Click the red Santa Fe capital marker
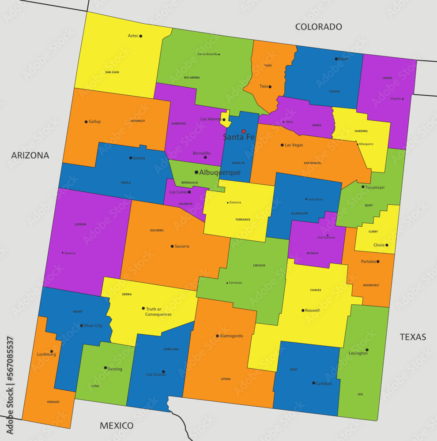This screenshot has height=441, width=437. [x=243, y=131]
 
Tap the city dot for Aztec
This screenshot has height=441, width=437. [x=141, y=36]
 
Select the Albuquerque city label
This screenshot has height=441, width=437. [x=220, y=172]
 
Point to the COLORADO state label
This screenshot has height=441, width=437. [x=318, y=27]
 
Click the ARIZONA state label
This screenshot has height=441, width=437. [x=30, y=155]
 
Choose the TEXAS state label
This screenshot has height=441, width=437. [x=413, y=337]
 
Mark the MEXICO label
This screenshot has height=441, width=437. [x=117, y=426]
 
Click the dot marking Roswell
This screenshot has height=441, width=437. [x=303, y=310]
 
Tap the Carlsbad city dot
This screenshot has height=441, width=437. [x=313, y=383]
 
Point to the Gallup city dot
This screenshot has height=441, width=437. [x=86, y=122]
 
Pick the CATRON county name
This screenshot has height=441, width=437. [x=80, y=224]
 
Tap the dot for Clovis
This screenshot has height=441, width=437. [x=387, y=245]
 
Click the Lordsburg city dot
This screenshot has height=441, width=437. [x=52, y=351]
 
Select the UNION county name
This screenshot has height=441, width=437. [x=387, y=78]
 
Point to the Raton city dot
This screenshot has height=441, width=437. [x=336, y=59]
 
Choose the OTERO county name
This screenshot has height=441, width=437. [x=226, y=379]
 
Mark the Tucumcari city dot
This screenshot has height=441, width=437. [x=363, y=187]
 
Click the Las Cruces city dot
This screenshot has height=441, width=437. [x=163, y=372]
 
